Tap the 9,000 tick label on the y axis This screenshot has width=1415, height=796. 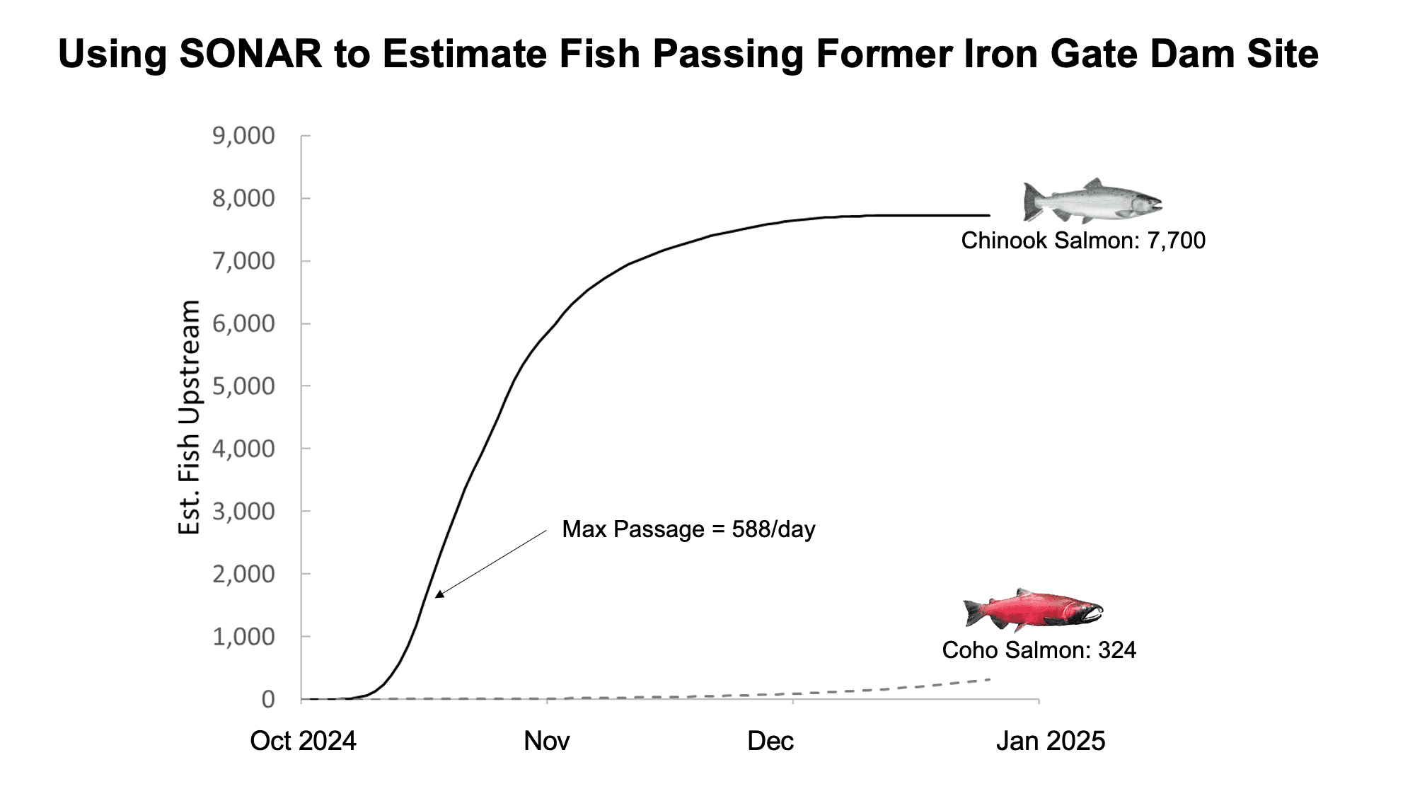coord(243,136)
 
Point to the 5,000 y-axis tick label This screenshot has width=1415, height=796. coord(243,386)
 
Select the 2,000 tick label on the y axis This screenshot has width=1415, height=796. coord(243,574)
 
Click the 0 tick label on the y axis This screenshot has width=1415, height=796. coord(267,699)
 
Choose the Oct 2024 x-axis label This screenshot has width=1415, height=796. coord(303,741)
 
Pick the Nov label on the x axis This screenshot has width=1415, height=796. coord(547,741)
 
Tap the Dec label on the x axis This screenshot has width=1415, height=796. coord(770,741)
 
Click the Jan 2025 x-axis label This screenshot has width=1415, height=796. coord(1051,741)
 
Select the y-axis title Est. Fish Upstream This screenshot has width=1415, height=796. coord(189,417)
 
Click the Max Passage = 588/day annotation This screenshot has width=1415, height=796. coord(688,529)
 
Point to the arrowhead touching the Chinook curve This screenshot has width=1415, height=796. coord(439,594)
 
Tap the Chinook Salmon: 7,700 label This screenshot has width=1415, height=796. coord(1082,241)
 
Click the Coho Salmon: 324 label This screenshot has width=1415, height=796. coord(1039,650)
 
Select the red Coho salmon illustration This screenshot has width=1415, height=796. coord(1033,610)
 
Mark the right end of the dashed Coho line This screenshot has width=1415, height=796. coord(989,679)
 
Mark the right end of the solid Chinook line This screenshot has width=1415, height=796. coord(989,215)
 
